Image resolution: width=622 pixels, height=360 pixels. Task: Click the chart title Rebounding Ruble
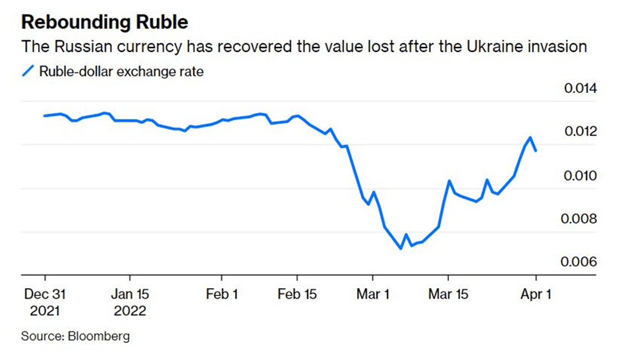coord(105,22)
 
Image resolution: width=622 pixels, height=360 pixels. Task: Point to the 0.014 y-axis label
coord(580,89)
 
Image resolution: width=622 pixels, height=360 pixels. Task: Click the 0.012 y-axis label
coord(580,133)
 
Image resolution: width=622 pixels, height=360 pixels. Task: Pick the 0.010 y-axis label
coord(580,176)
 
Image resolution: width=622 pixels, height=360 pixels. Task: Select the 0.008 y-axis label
coord(580,220)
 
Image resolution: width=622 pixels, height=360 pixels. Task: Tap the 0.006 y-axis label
coord(580,263)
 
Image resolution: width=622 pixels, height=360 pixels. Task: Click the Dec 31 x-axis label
coord(45,294)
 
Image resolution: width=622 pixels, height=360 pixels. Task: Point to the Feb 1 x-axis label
coord(221,294)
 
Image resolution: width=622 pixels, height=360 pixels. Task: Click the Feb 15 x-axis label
coord(297,294)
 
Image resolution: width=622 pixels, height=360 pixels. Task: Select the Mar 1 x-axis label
coord(373,294)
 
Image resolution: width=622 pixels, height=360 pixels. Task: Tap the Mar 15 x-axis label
coord(449,294)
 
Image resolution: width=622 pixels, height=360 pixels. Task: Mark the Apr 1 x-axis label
coord(536,294)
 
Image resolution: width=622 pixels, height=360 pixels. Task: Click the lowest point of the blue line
coord(401,249)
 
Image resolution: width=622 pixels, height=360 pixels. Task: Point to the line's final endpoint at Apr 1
coord(536,150)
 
